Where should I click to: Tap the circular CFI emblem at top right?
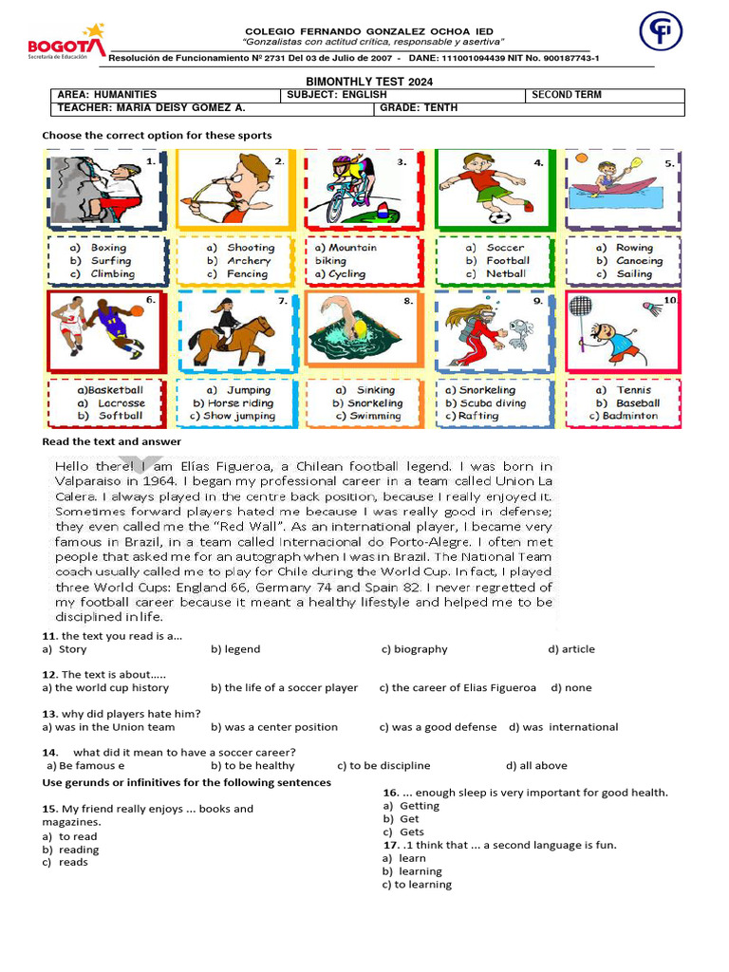pyautogui.click(x=661, y=31)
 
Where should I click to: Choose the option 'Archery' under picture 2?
pyautogui.click(x=249, y=261)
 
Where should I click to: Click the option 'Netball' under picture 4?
pyautogui.click(x=505, y=274)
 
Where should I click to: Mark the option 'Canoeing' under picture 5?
pyautogui.click(x=639, y=261)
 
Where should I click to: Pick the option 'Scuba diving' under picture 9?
pyautogui.click(x=493, y=402)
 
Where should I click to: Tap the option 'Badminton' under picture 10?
pyautogui.click(x=629, y=416)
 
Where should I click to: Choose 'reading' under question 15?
pyautogui.click(x=79, y=850)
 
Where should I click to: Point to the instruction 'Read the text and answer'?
pyautogui.click(x=112, y=442)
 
